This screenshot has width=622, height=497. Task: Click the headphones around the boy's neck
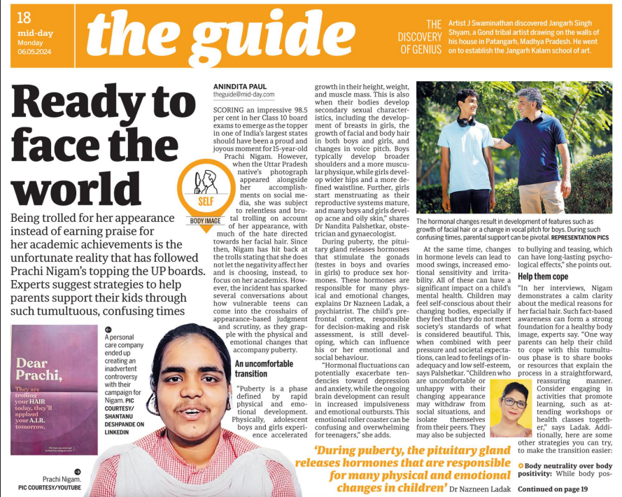pos(466,121)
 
